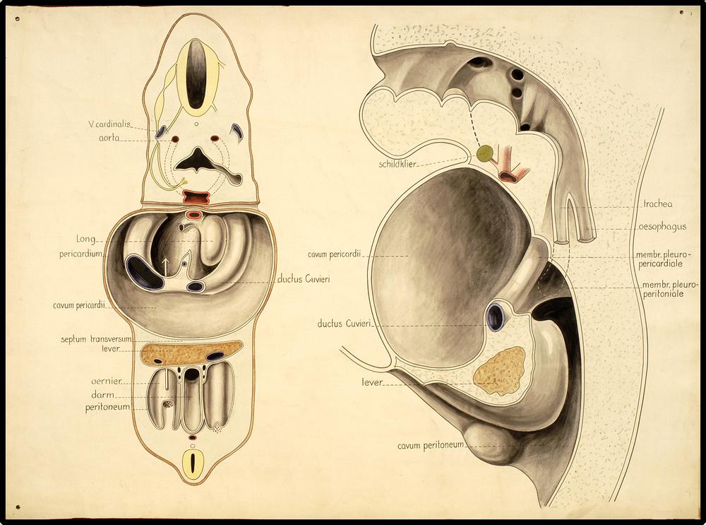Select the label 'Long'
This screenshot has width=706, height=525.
click(85, 239)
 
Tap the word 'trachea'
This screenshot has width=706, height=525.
click(657, 204)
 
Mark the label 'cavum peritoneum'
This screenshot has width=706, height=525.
click(430, 445)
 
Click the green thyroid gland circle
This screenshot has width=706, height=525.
click(485, 153)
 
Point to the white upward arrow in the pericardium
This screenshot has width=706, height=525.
click(166, 266)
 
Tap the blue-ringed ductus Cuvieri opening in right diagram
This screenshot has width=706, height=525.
click(496, 317)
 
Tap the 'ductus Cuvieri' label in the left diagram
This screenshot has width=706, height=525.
click(304, 278)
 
